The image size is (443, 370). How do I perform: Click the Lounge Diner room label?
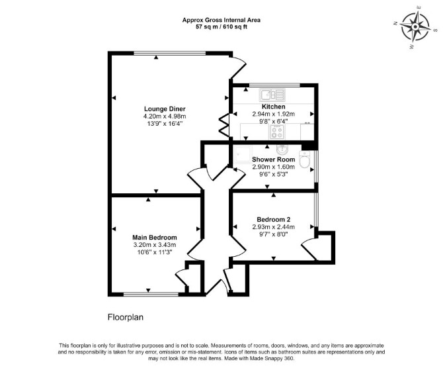coord(165,109)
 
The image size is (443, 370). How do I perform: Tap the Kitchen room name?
coord(274,107)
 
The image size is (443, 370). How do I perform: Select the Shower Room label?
coord(274,160)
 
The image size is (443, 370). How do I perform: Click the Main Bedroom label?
coord(155,238)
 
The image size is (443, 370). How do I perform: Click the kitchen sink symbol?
coord(272,95)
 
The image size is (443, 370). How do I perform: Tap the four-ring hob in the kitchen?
coord(276,132)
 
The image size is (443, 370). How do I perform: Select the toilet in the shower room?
coord(305,160)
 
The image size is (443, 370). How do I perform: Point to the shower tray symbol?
coord(242,155)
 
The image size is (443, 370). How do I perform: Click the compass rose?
coord(415,27)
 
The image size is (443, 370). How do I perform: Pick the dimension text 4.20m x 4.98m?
coord(165,116)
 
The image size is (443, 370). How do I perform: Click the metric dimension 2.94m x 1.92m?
coord(274,114)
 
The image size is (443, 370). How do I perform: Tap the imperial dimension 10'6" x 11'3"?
coord(155,252)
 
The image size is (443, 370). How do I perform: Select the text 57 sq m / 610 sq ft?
coord(221,27)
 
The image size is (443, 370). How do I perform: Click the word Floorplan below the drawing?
coord(126,318)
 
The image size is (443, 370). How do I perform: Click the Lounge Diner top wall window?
coord(169,53)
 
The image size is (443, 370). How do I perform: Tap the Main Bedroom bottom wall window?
coord(151,295)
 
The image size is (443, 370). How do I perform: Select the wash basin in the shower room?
coord(282,149)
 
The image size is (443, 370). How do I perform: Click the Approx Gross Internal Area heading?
coord(221,20)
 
